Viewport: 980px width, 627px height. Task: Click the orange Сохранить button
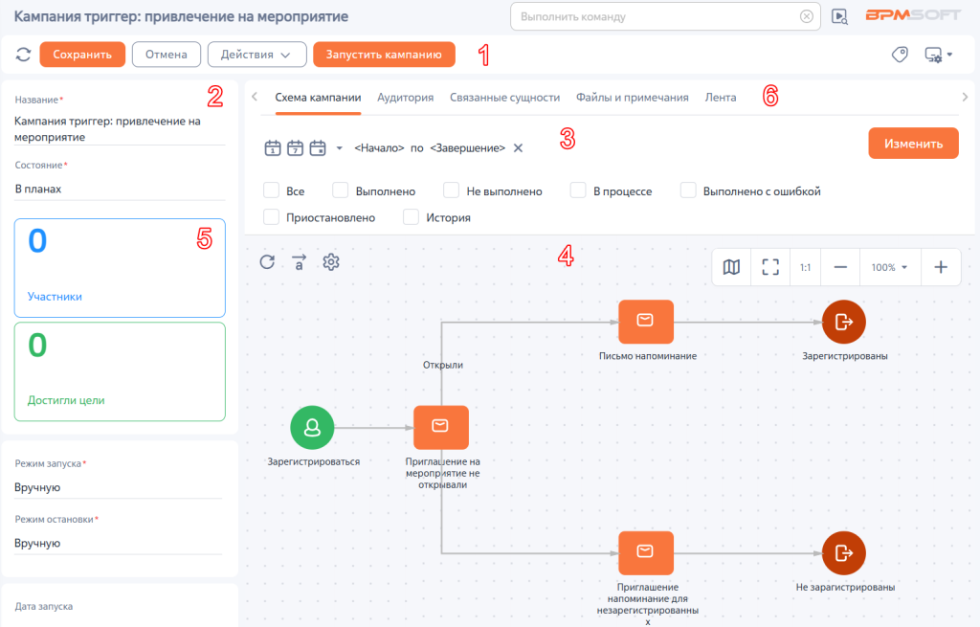click(82, 55)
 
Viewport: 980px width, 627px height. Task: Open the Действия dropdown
click(256, 55)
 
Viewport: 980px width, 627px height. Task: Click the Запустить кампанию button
click(384, 55)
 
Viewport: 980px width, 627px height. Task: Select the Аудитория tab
click(405, 98)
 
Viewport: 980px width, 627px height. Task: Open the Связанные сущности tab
click(504, 98)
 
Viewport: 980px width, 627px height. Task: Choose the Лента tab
click(720, 98)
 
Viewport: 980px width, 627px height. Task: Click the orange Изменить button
click(913, 144)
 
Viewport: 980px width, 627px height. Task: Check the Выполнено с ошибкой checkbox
click(688, 190)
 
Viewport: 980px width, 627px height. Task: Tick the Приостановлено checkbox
click(271, 217)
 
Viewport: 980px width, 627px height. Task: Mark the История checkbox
click(411, 217)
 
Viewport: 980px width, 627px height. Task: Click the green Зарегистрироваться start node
click(312, 428)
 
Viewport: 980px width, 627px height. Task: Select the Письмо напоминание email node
click(646, 322)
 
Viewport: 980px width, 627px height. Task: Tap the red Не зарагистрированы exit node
click(844, 552)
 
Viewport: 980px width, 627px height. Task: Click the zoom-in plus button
click(941, 267)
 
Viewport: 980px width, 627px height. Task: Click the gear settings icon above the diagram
click(330, 262)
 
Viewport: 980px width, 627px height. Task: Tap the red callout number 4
click(566, 256)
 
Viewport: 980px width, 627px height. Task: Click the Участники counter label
click(55, 297)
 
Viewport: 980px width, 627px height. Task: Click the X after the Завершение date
click(518, 148)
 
